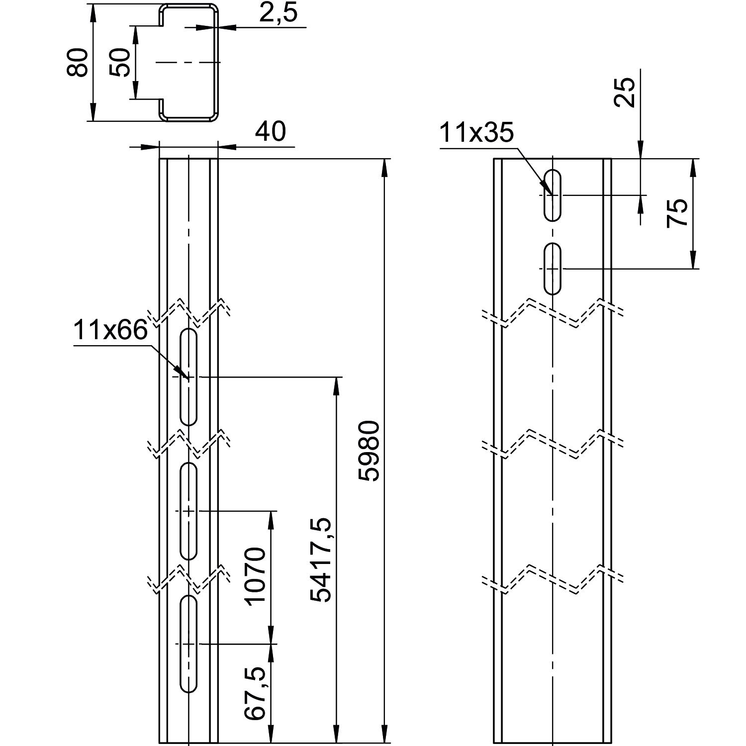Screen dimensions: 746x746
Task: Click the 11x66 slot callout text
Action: click(x=110, y=330)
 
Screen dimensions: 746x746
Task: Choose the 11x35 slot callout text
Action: click(x=476, y=133)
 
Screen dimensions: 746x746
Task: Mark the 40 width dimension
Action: click(x=271, y=132)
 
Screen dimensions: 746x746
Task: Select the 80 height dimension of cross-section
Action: click(x=78, y=62)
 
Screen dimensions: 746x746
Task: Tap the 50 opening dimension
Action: click(x=119, y=62)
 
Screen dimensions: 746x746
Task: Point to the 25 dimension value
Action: click(x=625, y=93)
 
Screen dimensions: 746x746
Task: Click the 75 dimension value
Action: click(x=677, y=213)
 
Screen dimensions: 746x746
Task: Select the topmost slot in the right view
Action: click(x=553, y=195)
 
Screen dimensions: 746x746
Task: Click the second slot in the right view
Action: click(x=553, y=269)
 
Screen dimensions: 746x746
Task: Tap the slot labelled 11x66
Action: click(x=188, y=377)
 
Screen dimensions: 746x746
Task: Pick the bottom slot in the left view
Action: click(x=188, y=643)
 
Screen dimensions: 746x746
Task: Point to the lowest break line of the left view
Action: click(x=188, y=579)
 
